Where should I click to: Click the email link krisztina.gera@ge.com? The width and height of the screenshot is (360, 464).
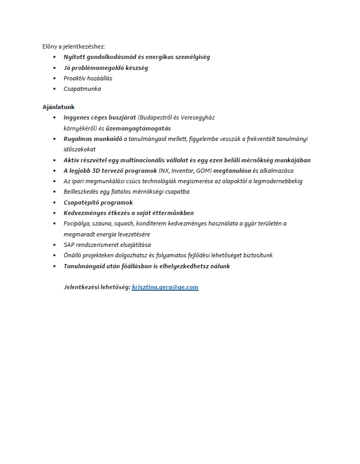click(165, 287)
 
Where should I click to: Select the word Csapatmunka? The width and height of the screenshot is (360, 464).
click(82, 89)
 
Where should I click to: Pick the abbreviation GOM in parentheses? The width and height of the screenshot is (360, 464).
click(203, 171)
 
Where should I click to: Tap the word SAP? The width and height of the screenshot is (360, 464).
click(69, 245)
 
